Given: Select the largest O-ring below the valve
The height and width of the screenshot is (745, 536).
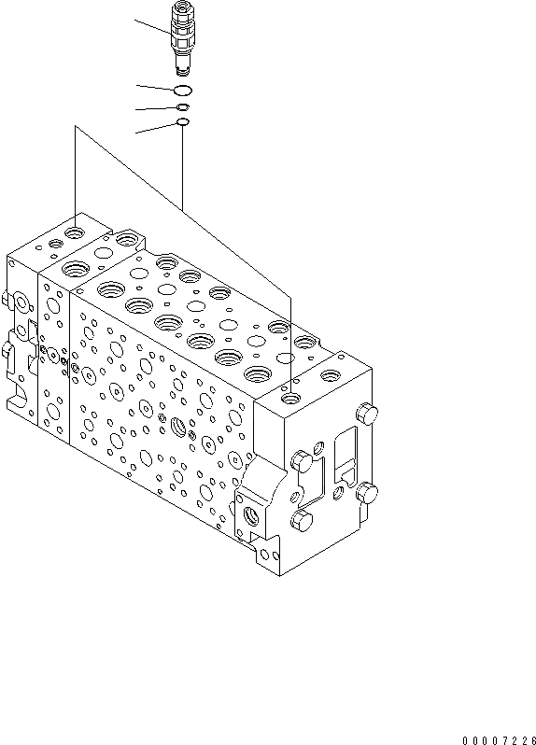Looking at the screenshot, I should click(183, 90).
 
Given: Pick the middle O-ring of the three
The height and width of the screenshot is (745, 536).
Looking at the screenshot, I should click(183, 108).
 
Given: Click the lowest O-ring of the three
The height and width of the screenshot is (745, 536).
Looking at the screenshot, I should click(183, 122).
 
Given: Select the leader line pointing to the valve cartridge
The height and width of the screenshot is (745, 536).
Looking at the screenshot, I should click(151, 27).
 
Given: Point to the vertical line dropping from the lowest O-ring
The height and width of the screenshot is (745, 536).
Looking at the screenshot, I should click(183, 168).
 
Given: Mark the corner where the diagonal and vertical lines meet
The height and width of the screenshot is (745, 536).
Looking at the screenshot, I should click(75, 128).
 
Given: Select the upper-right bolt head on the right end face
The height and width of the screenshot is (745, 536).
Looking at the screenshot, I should click(368, 414).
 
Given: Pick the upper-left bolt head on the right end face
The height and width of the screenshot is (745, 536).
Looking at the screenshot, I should click(301, 459).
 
